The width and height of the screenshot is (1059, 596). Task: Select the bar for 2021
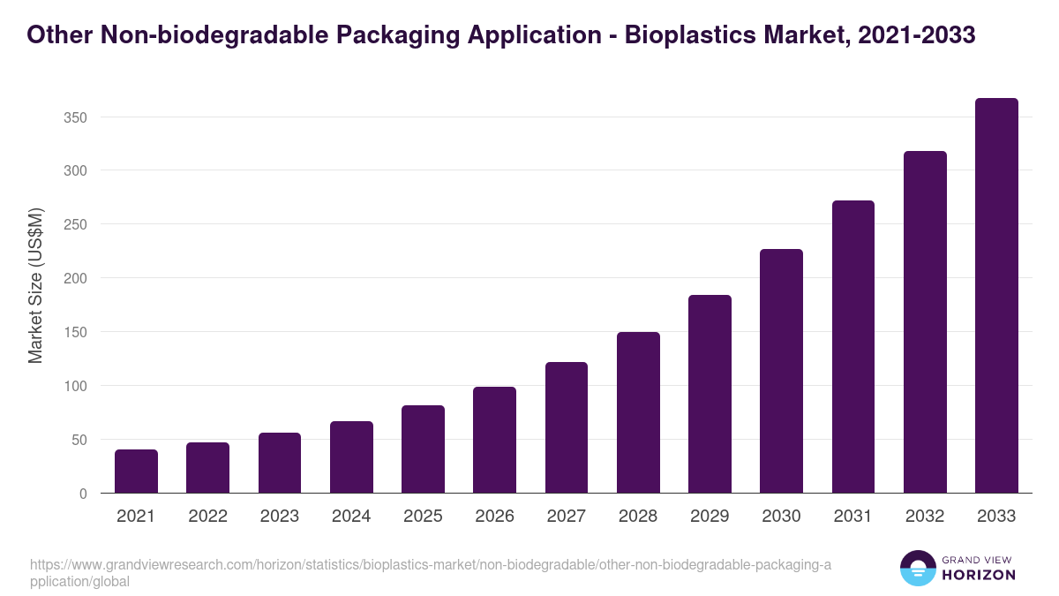click(136, 472)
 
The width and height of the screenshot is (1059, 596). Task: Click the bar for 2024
click(351, 457)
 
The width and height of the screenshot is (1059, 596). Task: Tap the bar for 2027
click(567, 427)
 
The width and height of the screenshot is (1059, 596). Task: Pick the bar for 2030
click(781, 371)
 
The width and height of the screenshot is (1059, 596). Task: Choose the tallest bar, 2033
click(996, 296)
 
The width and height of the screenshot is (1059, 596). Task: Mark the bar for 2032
click(925, 322)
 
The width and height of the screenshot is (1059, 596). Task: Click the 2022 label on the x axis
click(207, 517)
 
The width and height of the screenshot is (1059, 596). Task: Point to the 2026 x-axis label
click(494, 517)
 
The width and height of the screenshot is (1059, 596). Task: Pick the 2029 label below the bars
click(710, 517)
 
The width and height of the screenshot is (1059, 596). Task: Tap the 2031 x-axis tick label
click(853, 517)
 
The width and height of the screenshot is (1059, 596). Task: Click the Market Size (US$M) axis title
click(35, 285)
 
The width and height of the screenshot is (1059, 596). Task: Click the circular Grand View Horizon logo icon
click(918, 569)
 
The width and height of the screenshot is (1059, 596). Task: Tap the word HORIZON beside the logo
click(979, 575)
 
